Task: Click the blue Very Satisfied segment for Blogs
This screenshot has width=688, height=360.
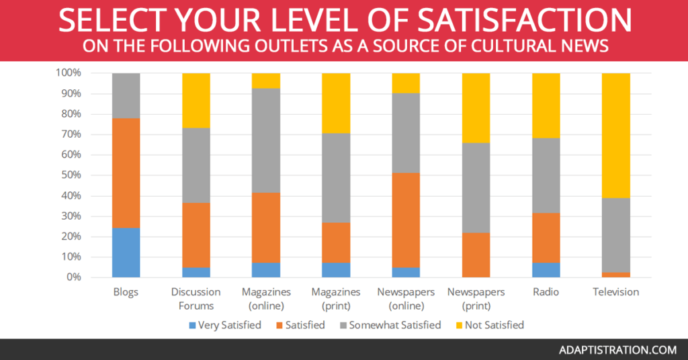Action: pyautogui.click(x=126, y=253)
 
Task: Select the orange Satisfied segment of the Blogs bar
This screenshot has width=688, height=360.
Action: pyautogui.click(x=126, y=173)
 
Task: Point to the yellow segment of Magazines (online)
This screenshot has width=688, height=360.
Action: pyautogui.click(x=266, y=81)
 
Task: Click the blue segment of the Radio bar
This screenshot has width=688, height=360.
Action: pyautogui.click(x=546, y=270)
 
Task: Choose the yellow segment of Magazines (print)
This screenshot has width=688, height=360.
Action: pyautogui.click(x=336, y=103)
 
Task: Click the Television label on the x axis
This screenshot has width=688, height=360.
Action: pyautogui.click(x=615, y=292)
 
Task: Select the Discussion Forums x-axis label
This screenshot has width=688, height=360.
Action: pyautogui.click(x=196, y=299)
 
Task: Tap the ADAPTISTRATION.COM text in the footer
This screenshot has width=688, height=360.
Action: pyautogui.click(x=616, y=350)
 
